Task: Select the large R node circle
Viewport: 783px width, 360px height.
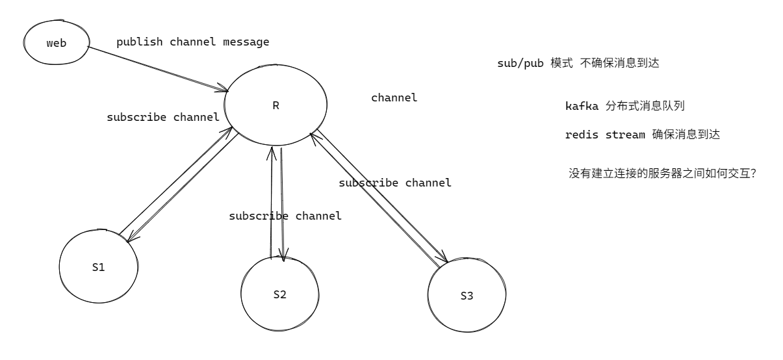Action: click(276, 104)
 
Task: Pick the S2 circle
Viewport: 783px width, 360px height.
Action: click(279, 294)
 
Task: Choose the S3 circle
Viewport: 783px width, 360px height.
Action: click(467, 296)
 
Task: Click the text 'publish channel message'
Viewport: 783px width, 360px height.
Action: click(192, 42)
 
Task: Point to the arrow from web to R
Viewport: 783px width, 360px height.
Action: click(157, 68)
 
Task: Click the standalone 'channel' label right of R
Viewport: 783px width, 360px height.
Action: click(394, 98)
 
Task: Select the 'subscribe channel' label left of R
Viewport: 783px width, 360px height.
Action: click(162, 118)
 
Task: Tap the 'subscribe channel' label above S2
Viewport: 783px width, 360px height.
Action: click(285, 216)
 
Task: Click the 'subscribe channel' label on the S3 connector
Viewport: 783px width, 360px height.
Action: click(395, 183)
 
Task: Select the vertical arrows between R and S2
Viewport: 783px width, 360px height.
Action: click(276, 201)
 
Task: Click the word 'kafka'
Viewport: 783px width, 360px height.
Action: click(582, 106)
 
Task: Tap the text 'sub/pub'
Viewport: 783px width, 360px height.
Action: click(519, 64)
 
